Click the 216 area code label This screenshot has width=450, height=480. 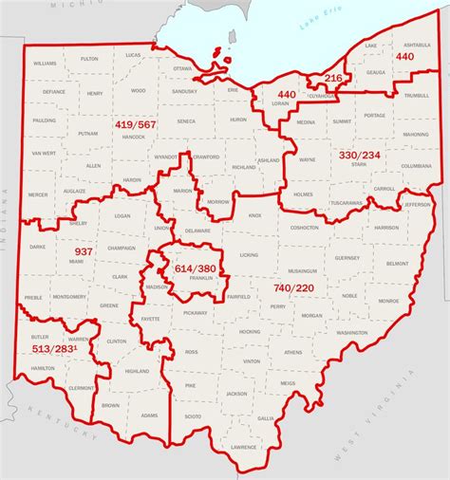[333, 78]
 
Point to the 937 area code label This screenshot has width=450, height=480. [83, 251]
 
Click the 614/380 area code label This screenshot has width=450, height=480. [194, 268]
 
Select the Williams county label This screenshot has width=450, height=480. [45, 62]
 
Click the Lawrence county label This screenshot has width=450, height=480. [244, 447]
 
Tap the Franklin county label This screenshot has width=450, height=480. [200, 278]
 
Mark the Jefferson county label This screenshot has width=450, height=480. [417, 204]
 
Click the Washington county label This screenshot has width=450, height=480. [351, 333]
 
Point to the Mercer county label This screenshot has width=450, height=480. [38, 194]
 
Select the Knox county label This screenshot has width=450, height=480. [254, 215]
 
